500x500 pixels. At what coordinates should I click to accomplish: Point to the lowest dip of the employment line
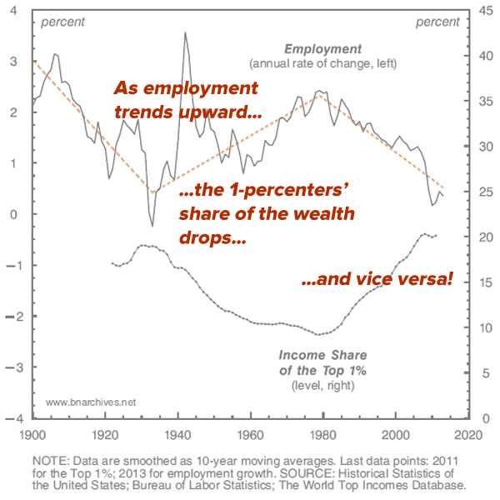(152, 225)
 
